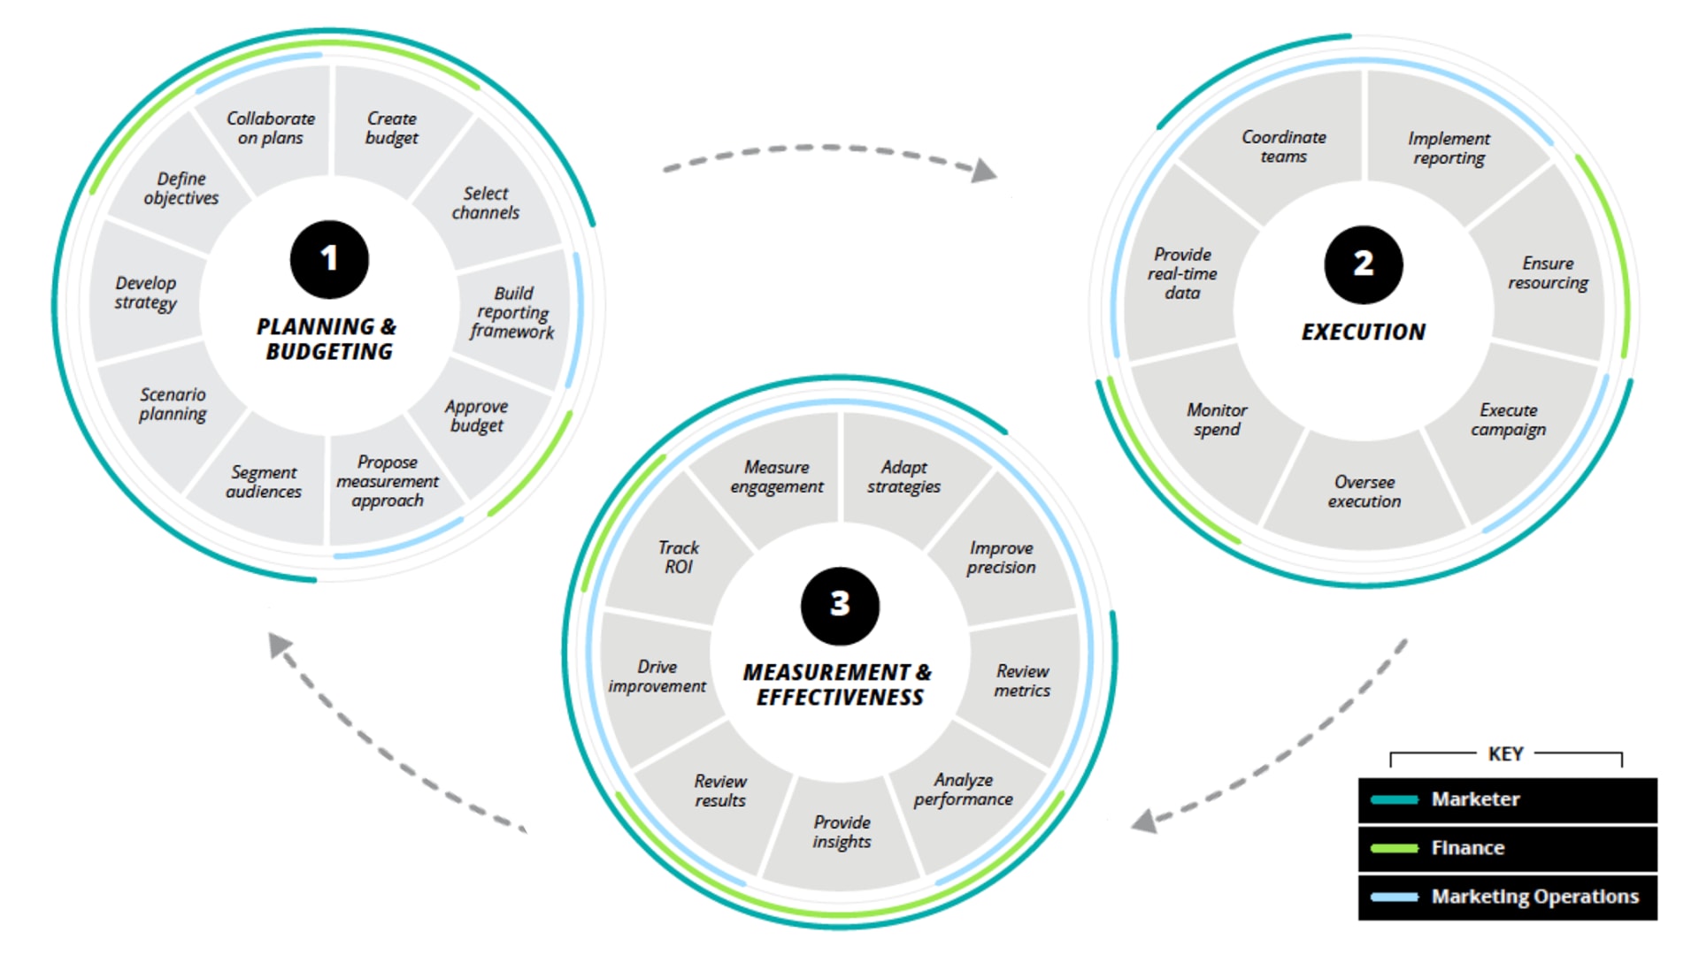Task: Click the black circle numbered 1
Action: (329, 259)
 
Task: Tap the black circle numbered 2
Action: (1364, 264)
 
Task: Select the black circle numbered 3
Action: (840, 606)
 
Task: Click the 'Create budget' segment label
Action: (392, 128)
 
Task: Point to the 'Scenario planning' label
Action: (173, 404)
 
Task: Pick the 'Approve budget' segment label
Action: (477, 416)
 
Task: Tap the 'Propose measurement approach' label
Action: (388, 481)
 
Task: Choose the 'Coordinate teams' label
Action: (1284, 147)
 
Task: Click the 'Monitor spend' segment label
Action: (1217, 419)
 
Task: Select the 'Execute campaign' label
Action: (1509, 420)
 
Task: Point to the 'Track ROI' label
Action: (679, 557)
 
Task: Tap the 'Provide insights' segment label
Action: (842, 832)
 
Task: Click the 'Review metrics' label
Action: (1022, 681)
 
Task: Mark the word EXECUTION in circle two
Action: (1364, 332)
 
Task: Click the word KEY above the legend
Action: (1506, 754)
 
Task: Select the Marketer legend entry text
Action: (1475, 799)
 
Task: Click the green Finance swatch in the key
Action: (1395, 848)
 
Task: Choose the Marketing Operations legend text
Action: (1535, 897)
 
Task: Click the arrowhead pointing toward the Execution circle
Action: (984, 170)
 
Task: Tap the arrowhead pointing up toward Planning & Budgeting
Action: (281, 645)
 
